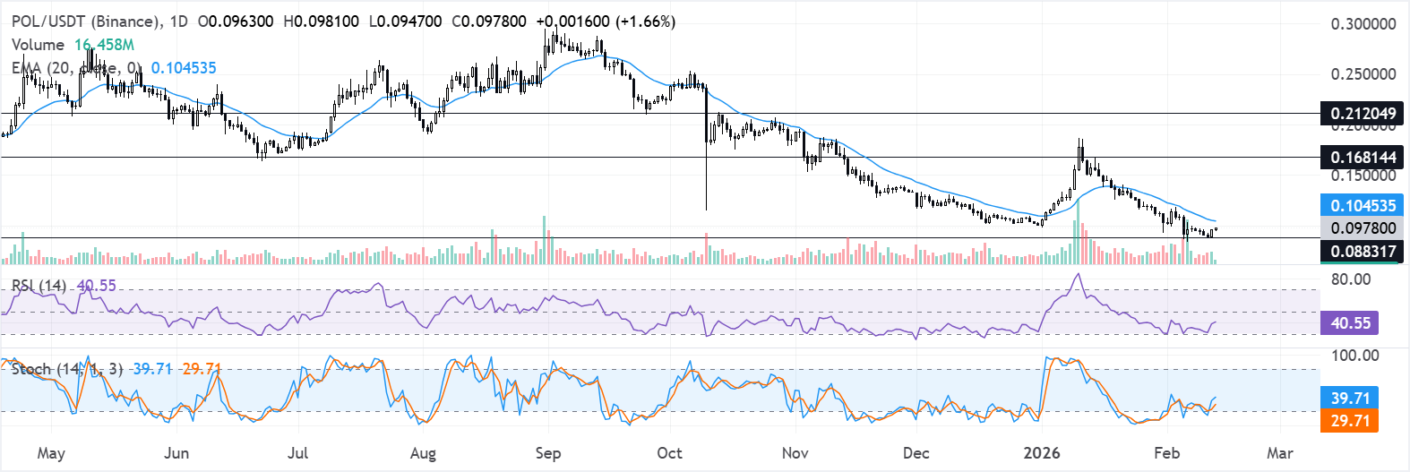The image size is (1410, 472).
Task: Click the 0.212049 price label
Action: (1363, 114)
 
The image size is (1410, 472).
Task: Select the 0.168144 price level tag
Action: (1363, 158)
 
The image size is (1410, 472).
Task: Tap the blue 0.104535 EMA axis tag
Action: (1363, 206)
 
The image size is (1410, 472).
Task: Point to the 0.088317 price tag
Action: (1363, 252)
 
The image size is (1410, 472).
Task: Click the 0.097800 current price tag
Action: (1363, 228)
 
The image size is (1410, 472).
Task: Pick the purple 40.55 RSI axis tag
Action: (1350, 323)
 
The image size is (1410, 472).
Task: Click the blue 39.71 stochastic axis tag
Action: (1350, 398)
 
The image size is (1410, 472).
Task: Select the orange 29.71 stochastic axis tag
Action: (1350, 421)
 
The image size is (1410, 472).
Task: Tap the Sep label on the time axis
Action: (547, 453)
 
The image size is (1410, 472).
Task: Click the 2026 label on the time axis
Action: (1042, 453)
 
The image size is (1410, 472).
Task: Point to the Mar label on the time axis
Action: (1279, 453)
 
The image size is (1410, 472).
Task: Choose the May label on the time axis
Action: (51, 453)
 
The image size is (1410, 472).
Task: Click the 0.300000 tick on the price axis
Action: (1363, 24)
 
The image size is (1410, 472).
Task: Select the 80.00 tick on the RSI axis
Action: (1351, 279)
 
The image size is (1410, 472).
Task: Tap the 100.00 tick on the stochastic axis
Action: (1354, 356)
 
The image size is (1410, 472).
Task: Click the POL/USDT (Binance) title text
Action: (87, 21)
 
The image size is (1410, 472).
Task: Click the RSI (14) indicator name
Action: (39, 286)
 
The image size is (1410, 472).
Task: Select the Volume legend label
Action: (38, 45)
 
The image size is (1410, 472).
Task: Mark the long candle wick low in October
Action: (706, 210)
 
